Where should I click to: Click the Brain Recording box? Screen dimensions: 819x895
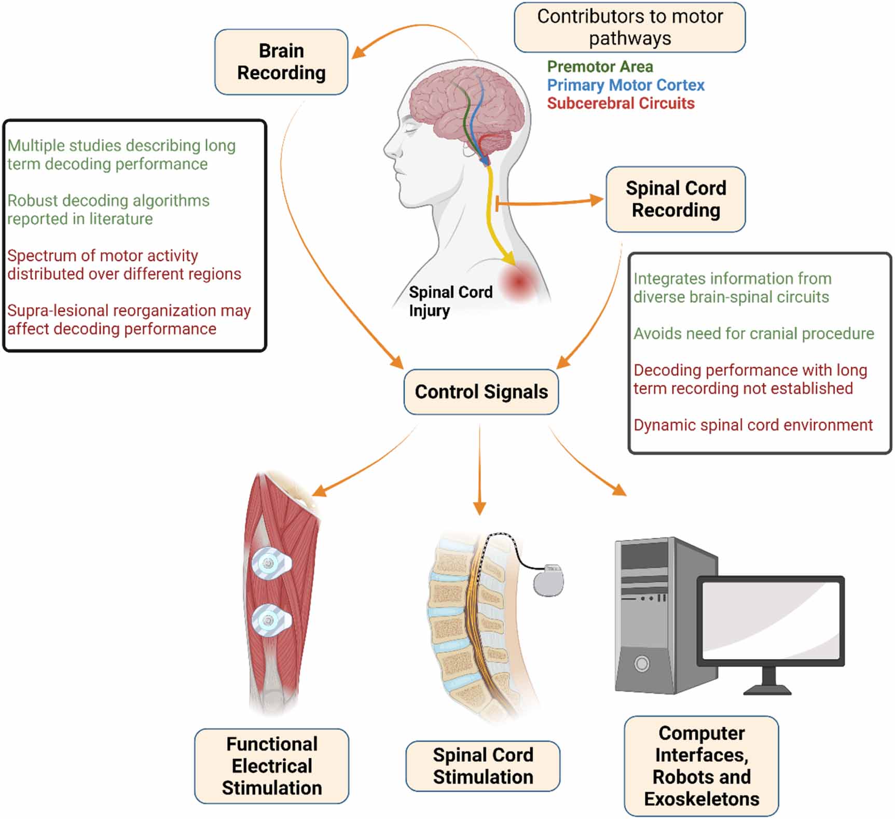(x=281, y=62)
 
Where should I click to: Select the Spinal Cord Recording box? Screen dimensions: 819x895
(x=676, y=199)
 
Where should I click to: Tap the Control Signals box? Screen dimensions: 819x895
(x=481, y=392)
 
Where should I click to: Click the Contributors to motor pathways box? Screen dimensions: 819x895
(x=629, y=27)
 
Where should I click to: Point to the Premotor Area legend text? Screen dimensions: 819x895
(x=600, y=67)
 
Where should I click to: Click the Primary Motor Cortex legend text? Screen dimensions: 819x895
(x=626, y=85)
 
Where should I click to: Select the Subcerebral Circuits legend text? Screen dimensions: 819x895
(x=621, y=103)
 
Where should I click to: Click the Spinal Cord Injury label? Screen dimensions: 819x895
(x=450, y=301)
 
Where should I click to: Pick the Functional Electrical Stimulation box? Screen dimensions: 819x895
(x=271, y=766)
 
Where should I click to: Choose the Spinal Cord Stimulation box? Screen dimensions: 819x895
(x=483, y=766)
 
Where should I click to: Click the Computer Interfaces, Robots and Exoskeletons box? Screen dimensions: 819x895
(x=701, y=766)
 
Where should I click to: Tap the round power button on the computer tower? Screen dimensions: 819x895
(x=642, y=663)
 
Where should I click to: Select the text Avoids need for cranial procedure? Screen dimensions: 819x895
(x=753, y=334)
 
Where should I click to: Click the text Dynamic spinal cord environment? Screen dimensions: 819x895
(x=753, y=425)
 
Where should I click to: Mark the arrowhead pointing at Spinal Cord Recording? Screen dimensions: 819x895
(x=597, y=200)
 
